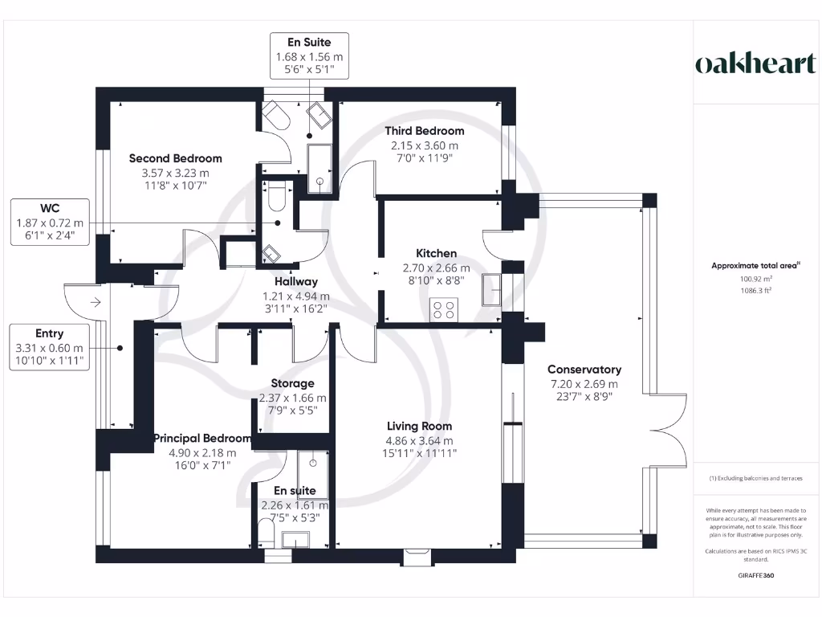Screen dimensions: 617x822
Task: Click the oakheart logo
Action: (x=755, y=64)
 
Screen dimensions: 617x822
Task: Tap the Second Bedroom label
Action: (x=175, y=158)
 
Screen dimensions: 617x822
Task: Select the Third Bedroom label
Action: (x=424, y=131)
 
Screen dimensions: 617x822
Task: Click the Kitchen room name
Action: (x=436, y=253)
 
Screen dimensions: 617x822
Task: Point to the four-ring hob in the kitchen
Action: (x=444, y=309)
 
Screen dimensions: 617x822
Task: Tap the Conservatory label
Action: (x=584, y=370)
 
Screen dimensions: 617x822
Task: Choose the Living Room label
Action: (x=419, y=426)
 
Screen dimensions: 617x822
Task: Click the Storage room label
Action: (x=292, y=383)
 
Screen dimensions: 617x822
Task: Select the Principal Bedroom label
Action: (x=202, y=439)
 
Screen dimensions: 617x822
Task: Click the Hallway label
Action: (x=296, y=282)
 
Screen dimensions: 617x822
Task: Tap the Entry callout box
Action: (x=49, y=348)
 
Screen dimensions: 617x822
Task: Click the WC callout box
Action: (x=49, y=223)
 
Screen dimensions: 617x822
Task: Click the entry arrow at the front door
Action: (x=95, y=303)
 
